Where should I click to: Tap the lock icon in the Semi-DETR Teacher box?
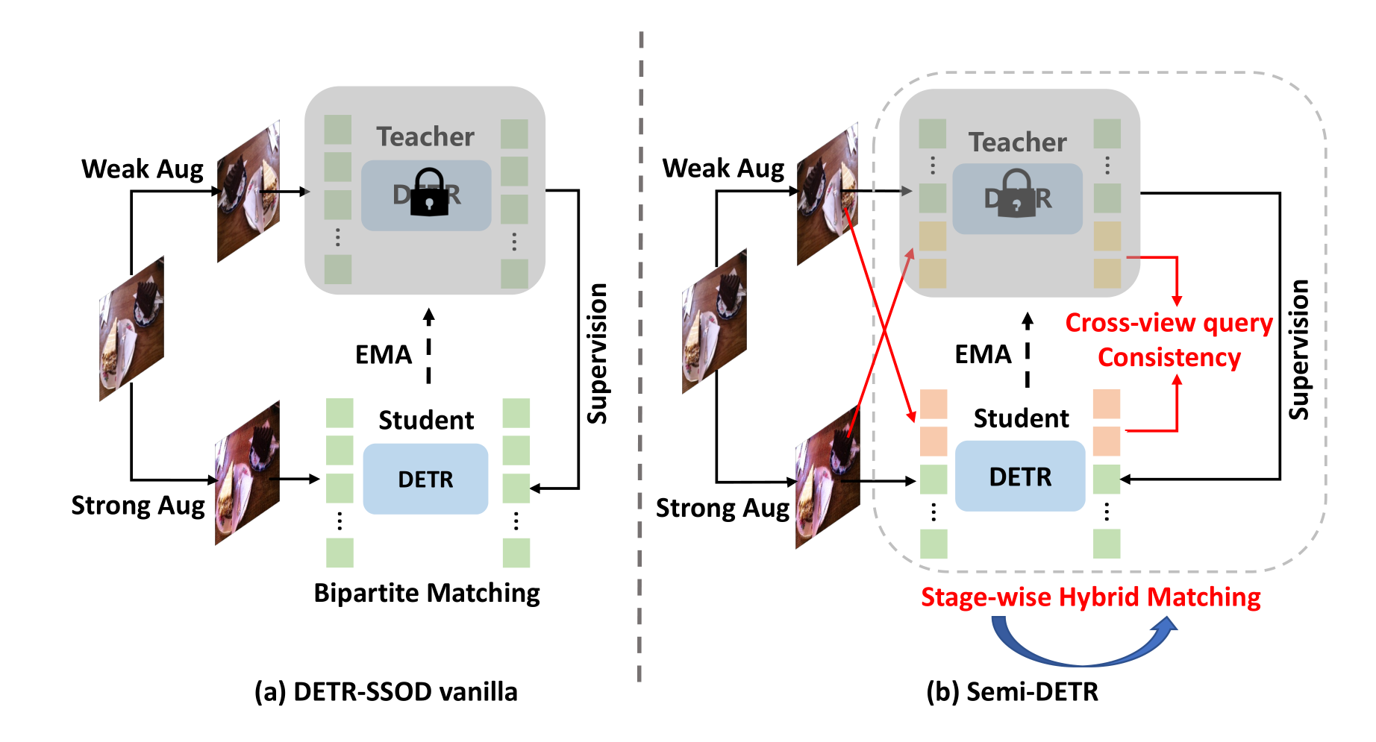(1017, 195)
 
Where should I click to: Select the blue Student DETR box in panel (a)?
(425, 479)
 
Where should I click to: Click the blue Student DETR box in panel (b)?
(1020, 477)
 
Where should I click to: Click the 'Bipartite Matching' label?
(426, 593)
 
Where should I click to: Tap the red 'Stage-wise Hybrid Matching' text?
(1090, 597)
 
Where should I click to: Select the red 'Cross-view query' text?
(1169, 323)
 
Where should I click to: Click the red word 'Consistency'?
(1169, 357)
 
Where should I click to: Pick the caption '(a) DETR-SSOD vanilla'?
(386, 691)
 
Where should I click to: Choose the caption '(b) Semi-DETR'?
(1012, 691)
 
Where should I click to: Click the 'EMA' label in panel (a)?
(384, 354)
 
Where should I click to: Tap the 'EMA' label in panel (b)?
(983, 354)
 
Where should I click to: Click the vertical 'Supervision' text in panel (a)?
(597, 353)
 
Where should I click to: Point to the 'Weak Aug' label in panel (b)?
(723, 169)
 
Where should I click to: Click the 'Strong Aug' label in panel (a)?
(137, 506)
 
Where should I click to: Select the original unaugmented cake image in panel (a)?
(131, 328)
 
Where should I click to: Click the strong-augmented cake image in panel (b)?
(827, 477)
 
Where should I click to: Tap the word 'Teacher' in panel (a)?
(425, 136)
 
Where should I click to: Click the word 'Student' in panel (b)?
(1021, 418)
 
